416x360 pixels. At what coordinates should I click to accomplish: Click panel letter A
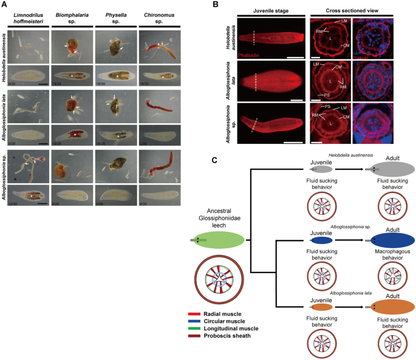coord(4,5)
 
